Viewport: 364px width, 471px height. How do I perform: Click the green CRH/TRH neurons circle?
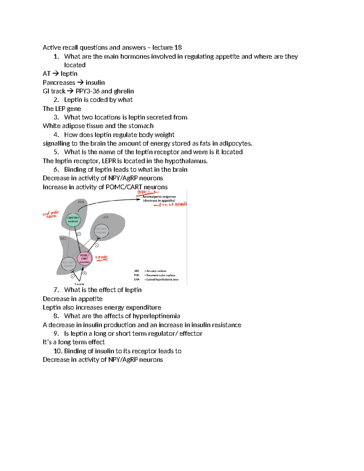coord(73,219)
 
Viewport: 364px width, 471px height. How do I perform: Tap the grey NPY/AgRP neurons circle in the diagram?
coord(68,264)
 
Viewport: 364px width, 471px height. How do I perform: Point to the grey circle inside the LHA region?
coord(101,231)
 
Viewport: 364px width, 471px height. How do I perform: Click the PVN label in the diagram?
coord(81,202)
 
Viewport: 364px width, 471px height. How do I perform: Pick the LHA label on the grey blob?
coord(105,217)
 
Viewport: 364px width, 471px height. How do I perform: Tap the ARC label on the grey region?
coord(63,239)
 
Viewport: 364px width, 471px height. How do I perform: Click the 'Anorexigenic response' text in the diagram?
coord(159,197)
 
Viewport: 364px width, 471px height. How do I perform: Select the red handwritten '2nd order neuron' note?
coord(51,214)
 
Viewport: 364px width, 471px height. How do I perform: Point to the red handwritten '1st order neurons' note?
coord(102,258)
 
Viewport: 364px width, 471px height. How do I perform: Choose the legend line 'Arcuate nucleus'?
coord(156,271)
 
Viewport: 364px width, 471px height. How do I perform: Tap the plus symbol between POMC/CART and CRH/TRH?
coord(79,234)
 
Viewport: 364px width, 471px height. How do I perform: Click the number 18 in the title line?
coord(178,48)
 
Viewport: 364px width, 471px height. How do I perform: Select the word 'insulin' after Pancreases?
coord(95,82)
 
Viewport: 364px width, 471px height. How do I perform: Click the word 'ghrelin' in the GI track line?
coord(124,91)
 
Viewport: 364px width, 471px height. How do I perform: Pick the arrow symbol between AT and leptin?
coord(55,74)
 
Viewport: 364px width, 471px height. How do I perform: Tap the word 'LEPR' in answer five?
coord(109,161)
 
